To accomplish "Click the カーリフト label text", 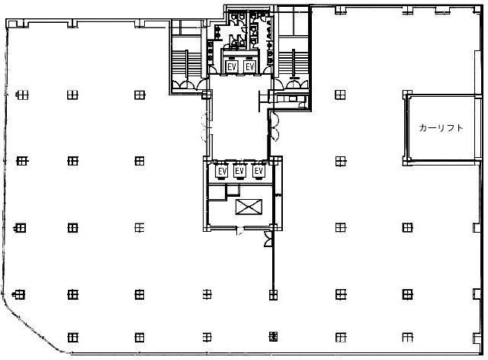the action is click(441, 127).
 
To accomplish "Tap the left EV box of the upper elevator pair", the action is click(232, 66).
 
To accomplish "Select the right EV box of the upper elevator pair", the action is click(249, 66).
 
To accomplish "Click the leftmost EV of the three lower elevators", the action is click(222, 172).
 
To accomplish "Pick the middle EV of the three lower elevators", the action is click(239, 171).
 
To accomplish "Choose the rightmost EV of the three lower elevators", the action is click(258, 171).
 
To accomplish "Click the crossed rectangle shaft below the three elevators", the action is click(249, 207).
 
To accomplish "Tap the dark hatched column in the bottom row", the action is click(273, 336).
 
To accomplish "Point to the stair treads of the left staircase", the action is click(187, 63).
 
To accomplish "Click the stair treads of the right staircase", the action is click(293, 63).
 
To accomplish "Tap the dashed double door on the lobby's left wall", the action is click(205, 127).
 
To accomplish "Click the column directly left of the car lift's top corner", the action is click(340, 95).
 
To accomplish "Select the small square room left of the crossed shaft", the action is click(233, 190).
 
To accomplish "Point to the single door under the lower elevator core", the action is click(240, 231).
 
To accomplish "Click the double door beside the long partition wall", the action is click(268, 239).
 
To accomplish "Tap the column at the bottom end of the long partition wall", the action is click(273, 294).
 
